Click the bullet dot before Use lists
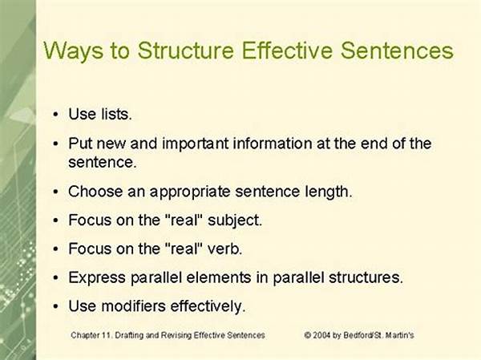click(x=55, y=115)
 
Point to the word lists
click(x=116, y=114)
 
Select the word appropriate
click(x=190, y=192)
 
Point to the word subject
click(x=235, y=220)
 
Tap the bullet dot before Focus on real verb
click(x=55, y=249)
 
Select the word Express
click(x=97, y=277)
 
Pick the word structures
click(x=366, y=277)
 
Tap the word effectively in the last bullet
click(x=208, y=306)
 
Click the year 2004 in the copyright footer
click(x=321, y=335)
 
